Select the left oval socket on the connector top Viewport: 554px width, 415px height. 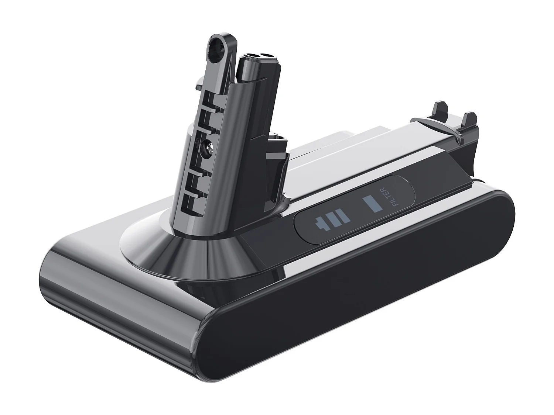coord(251,56)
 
